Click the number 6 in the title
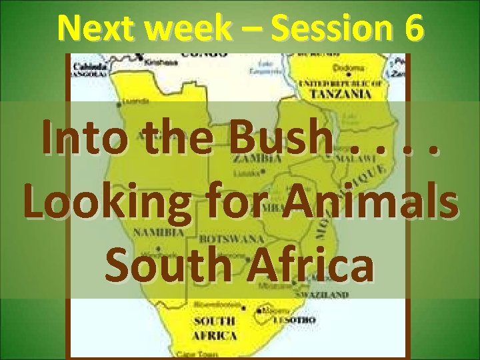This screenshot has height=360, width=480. click(412, 28)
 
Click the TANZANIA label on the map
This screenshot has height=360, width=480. click(343, 95)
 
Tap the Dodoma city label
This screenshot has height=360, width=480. click(352, 68)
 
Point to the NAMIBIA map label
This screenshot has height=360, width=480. click(159, 233)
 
